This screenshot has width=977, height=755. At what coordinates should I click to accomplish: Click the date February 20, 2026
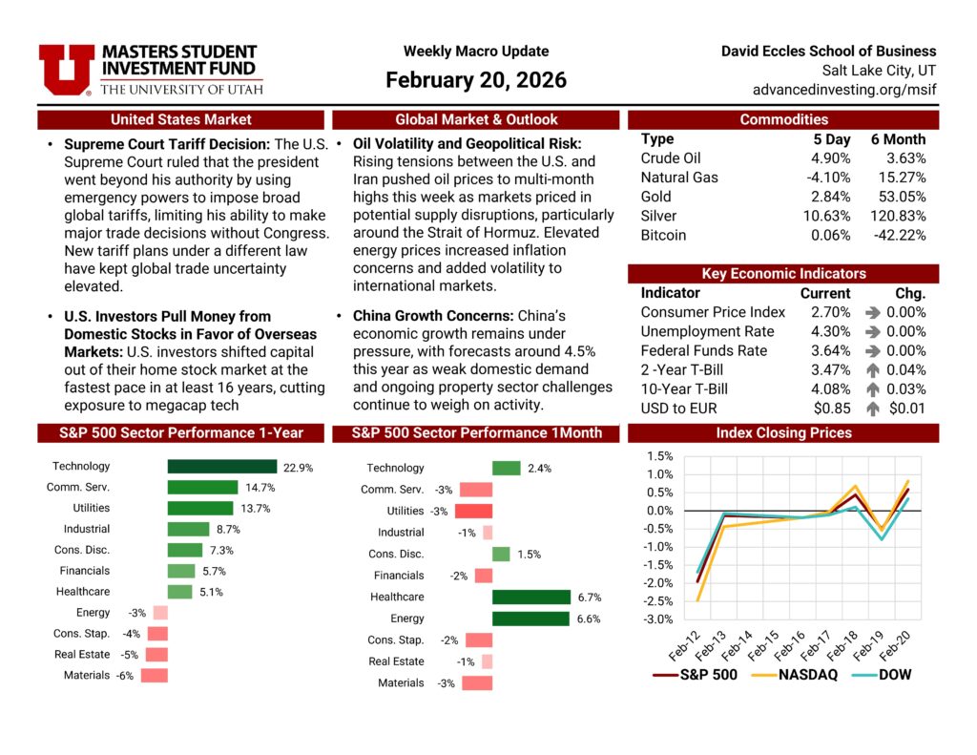(x=475, y=80)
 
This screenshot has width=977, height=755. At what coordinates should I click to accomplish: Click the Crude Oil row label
(x=671, y=158)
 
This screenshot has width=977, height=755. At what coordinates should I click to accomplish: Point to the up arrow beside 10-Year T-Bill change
(x=872, y=389)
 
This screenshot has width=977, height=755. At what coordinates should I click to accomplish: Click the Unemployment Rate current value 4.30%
(x=825, y=331)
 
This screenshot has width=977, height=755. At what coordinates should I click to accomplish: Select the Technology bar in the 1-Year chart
(x=222, y=467)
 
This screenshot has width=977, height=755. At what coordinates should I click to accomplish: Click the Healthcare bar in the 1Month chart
(x=530, y=598)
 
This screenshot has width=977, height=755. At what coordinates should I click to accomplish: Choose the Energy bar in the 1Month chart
(x=530, y=619)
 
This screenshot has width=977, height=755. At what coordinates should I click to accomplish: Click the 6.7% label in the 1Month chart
(x=590, y=598)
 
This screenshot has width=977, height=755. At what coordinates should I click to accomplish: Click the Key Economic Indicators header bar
(x=783, y=273)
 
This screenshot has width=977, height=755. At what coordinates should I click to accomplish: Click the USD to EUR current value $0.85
(x=831, y=409)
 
